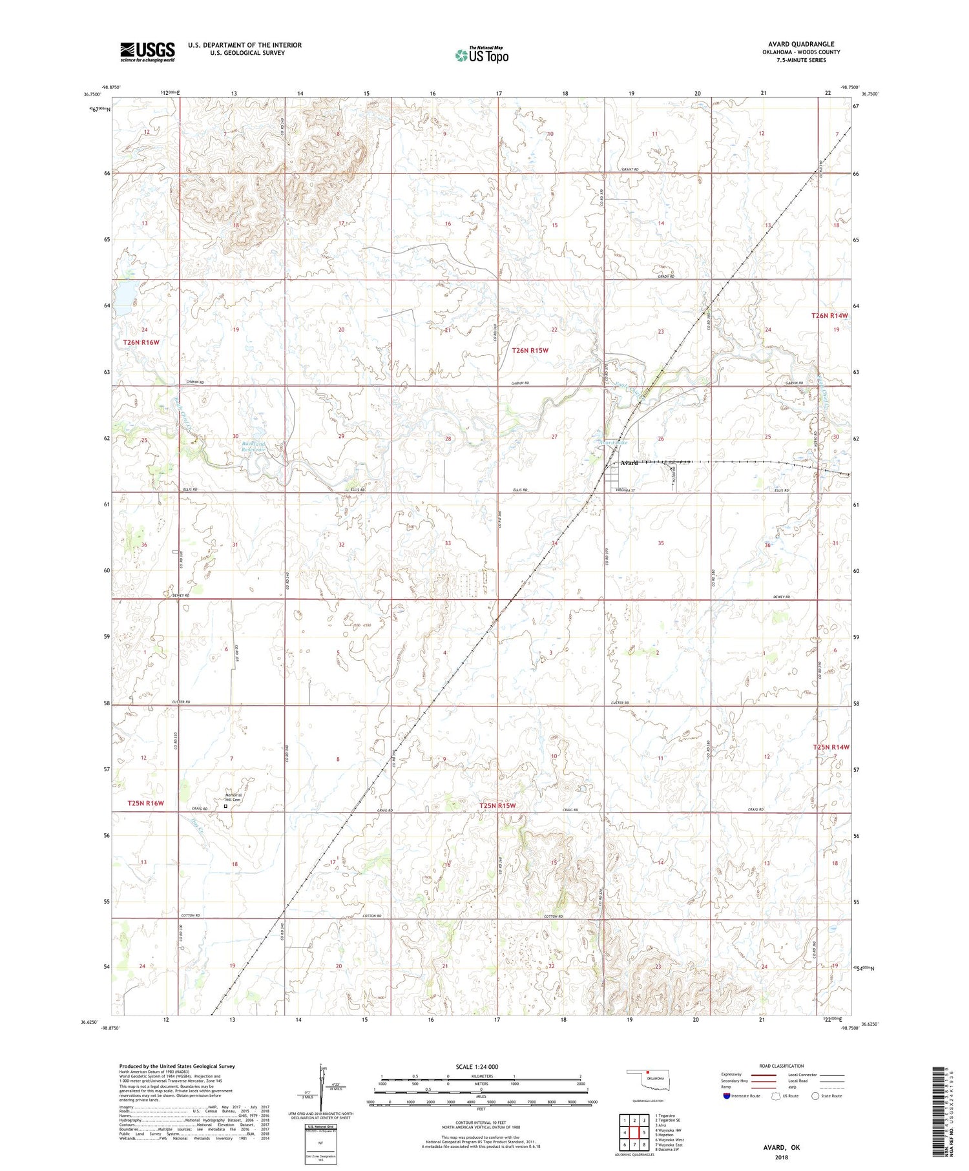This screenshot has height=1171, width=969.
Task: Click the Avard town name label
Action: [629, 463]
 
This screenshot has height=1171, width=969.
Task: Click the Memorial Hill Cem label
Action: [233, 797]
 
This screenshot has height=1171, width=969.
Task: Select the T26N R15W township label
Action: [530, 350]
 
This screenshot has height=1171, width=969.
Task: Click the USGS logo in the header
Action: [147, 52]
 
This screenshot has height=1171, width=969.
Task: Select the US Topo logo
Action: [481, 56]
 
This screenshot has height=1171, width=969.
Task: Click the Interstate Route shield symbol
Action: [726, 1096]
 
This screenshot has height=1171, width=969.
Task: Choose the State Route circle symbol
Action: [816, 1096]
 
